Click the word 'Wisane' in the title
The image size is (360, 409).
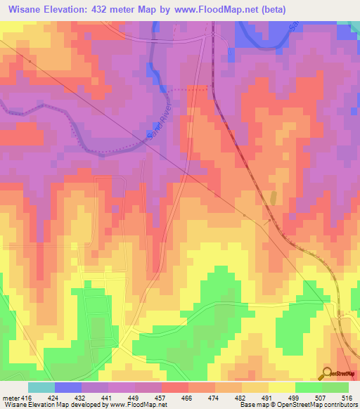[27, 10]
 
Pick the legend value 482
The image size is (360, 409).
[228, 398]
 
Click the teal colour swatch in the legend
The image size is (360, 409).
[41, 387]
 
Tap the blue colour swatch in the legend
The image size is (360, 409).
[68, 387]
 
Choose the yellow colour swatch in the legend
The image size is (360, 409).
[281, 387]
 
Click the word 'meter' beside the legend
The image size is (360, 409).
[9, 398]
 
